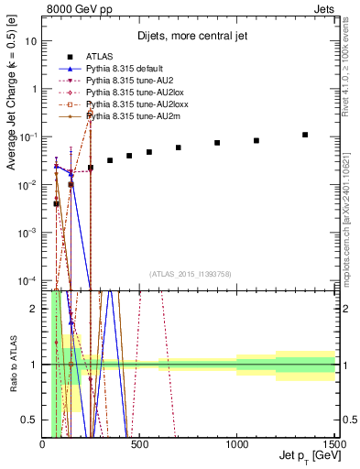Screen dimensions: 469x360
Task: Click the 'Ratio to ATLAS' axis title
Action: pos(12,365)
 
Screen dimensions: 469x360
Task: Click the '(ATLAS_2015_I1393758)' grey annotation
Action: pos(190,274)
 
